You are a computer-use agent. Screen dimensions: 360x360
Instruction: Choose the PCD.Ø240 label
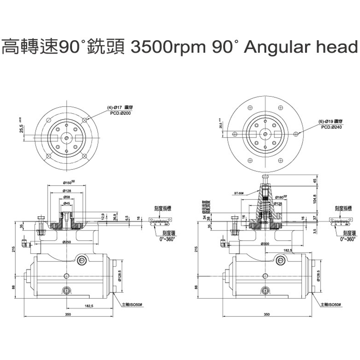[331, 127]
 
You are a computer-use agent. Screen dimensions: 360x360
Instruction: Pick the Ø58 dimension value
[67, 197]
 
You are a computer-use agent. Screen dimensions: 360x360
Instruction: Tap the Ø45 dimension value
[67, 203]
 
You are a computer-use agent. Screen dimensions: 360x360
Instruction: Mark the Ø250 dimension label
[67, 242]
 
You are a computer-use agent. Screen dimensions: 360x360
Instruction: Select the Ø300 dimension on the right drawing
[265, 244]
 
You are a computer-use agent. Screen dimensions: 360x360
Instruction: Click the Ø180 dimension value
[280, 197]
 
